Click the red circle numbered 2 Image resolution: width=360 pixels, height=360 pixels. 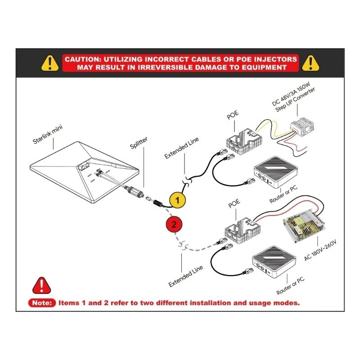(174, 223)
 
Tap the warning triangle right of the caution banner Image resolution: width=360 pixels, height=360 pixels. (311, 63)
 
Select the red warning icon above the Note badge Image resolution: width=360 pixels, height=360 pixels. (42, 285)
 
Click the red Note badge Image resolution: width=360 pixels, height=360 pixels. (42, 302)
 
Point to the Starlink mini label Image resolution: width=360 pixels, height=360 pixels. (48, 135)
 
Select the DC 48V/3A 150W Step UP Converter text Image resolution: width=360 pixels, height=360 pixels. (294, 100)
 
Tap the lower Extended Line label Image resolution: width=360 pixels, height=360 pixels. (186, 276)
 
